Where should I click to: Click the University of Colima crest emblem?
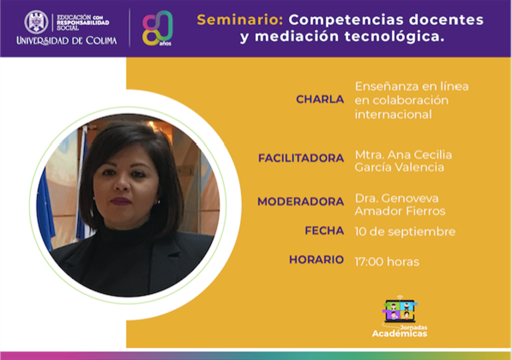[36, 22]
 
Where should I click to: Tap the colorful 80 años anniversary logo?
[157, 28]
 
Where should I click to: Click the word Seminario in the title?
[240, 20]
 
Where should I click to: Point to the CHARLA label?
[320, 99]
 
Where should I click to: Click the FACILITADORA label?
[301, 158]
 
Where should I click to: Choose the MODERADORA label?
[301, 202]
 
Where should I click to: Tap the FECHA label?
[324, 230]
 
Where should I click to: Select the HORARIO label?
[316, 260]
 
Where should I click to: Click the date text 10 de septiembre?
[405, 231]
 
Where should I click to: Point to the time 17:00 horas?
[387, 262]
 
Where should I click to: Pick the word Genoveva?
[410, 198]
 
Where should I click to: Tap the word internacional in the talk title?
[393, 114]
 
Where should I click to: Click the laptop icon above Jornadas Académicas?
[400, 310]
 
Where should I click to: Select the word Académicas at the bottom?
[400, 333]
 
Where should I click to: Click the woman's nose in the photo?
[123, 183]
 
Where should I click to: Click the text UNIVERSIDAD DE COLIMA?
[67, 41]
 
